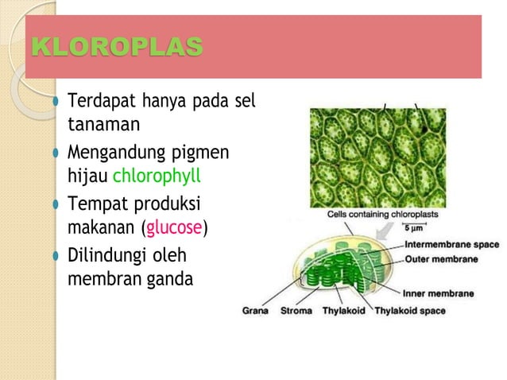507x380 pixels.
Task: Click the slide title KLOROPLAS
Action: pos(116,47)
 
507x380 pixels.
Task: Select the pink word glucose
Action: pos(173,229)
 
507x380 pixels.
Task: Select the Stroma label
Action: pos(296,311)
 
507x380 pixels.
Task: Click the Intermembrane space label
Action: pos(452,245)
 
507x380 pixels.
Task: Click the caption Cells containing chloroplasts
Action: pos(382,215)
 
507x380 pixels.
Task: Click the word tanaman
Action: pos(91,126)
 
